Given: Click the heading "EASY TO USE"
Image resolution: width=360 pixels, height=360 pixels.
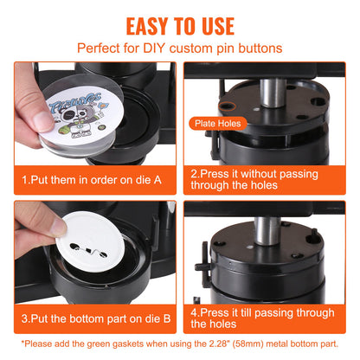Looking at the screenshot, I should coord(180,24).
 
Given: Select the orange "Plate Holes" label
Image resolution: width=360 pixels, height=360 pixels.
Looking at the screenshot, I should coord(216,124).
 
